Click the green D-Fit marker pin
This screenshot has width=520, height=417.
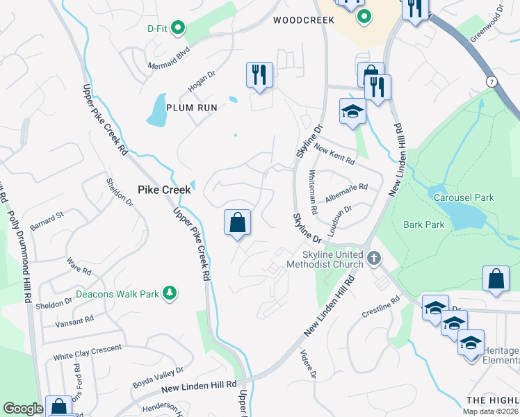178,28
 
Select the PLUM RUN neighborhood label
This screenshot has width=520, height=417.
192,108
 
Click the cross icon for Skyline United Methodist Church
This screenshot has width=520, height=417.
374,259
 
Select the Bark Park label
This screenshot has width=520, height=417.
423,224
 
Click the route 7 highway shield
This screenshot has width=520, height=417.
491,82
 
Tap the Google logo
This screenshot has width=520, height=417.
23,409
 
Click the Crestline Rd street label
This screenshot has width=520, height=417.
381,307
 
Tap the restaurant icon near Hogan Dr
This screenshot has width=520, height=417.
260,74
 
